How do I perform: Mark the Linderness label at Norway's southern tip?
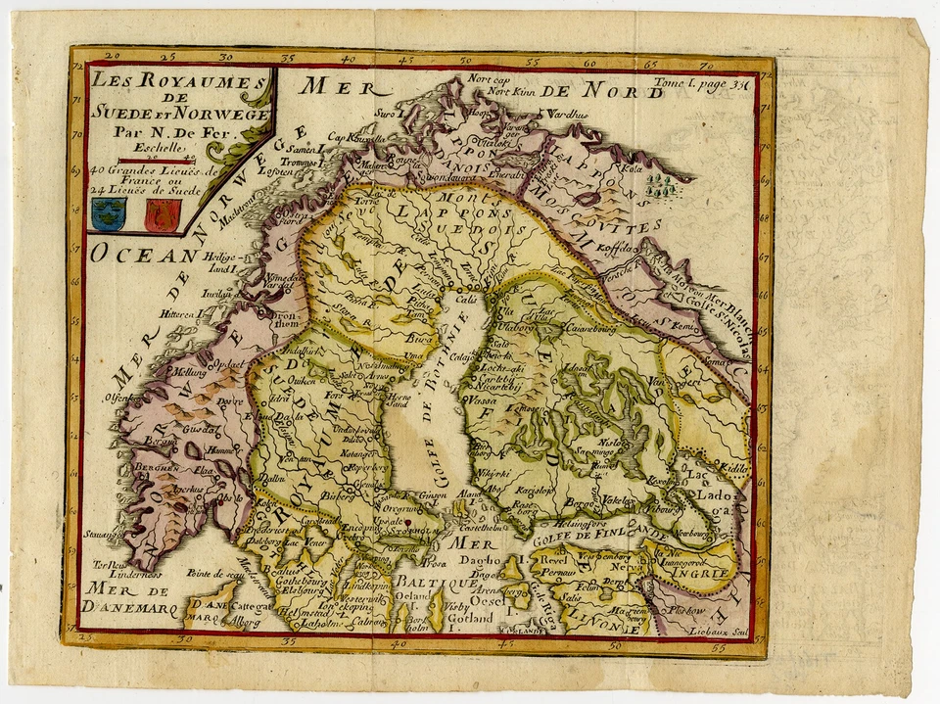click(116, 576)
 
